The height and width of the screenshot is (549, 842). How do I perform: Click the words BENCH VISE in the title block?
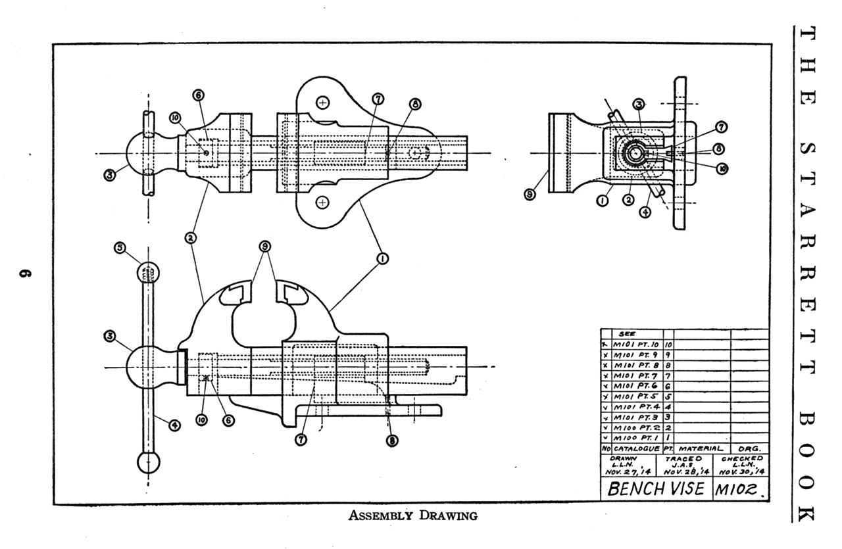click(x=655, y=489)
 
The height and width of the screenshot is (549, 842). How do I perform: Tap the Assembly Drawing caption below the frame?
click(x=412, y=515)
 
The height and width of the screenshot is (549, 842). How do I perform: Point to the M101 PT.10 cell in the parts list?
click(x=636, y=344)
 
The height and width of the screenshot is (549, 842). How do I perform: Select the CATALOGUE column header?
click(x=636, y=448)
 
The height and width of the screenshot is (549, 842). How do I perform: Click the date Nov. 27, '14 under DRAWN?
click(x=628, y=471)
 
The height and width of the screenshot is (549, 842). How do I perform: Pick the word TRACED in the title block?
click(x=684, y=458)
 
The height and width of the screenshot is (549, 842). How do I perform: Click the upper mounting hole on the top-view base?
click(x=322, y=103)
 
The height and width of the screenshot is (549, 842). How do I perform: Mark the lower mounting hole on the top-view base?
click(x=322, y=202)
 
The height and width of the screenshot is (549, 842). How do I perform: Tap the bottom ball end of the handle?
click(x=149, y=462)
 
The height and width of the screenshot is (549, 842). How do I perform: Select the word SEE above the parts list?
click(x=626, y=334)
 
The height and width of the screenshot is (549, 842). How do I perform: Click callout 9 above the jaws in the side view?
click(x=264, y=248)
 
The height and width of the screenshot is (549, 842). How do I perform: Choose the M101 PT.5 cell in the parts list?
click(x=636, y=396)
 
